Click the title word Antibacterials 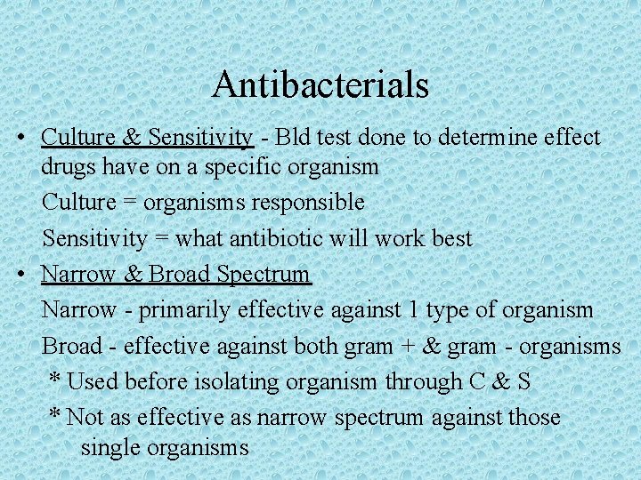[320, 85]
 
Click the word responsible [308, 202]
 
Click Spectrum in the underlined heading [264, 275]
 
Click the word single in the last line [111, 447]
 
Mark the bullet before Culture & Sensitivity [20, 139]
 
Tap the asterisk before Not [54, 415]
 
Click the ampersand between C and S [500, 382]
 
